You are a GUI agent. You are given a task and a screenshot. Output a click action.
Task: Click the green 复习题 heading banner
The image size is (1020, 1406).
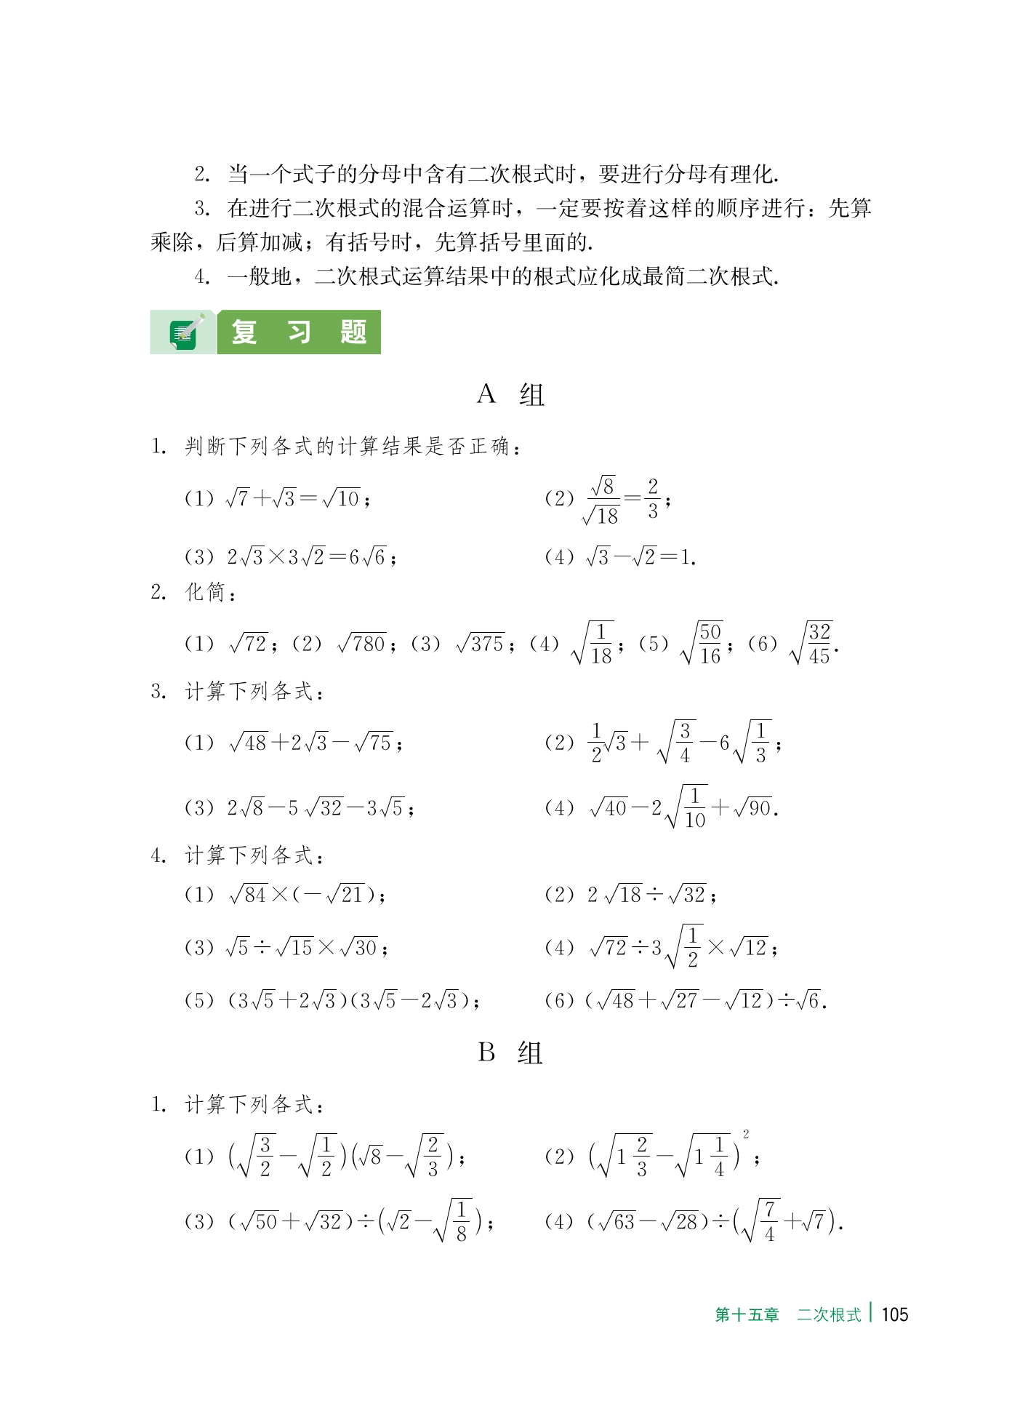298,333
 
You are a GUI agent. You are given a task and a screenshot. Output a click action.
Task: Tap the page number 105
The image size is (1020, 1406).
893,1314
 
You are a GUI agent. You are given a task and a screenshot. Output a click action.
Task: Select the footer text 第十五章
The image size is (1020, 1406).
747,1314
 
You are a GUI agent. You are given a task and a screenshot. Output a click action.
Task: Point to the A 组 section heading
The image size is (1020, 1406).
510,395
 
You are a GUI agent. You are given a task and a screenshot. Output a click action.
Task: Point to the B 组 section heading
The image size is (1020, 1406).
510,1052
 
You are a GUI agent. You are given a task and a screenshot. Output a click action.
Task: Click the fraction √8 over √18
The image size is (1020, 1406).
602,500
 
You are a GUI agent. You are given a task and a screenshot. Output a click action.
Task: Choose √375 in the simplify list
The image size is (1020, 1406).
481,644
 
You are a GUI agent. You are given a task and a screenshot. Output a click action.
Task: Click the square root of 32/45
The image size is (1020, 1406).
811,644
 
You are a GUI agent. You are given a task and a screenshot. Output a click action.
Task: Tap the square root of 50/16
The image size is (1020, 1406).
702,644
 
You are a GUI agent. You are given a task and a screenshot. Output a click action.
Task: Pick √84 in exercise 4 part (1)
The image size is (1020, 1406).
248,895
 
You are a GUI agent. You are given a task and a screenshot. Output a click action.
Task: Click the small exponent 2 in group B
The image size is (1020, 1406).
746,1134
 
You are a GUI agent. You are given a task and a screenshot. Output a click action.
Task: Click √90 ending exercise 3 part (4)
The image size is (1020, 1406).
753,808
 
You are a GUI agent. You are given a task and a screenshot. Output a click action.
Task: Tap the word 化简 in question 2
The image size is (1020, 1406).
205,592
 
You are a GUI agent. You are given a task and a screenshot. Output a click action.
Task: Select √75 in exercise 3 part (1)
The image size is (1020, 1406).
374,743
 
